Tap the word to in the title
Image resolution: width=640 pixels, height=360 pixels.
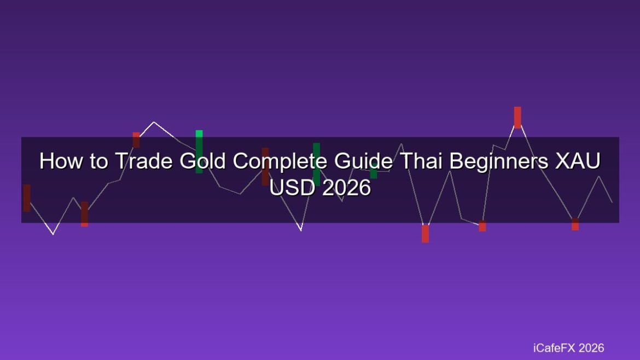tap(99, 161)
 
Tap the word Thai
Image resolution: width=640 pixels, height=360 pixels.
tap(421, 161)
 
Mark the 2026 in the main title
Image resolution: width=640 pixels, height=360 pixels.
tap(347, 188)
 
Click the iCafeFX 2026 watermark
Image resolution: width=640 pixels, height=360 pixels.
tap(568, 348)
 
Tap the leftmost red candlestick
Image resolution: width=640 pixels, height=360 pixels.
tap(27, 198)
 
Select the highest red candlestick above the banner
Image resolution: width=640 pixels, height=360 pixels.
tap(517, 118)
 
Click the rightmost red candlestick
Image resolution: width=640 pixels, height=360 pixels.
tap(575, 224)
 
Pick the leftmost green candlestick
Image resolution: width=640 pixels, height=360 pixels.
tap(199, 152)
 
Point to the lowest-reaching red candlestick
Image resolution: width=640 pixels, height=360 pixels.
tap(426, 234)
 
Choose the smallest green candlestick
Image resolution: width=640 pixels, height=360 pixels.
tap(374, 171)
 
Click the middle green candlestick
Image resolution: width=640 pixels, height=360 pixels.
tap(316, 165)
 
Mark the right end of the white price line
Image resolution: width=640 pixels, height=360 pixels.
tap(612, 202)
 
